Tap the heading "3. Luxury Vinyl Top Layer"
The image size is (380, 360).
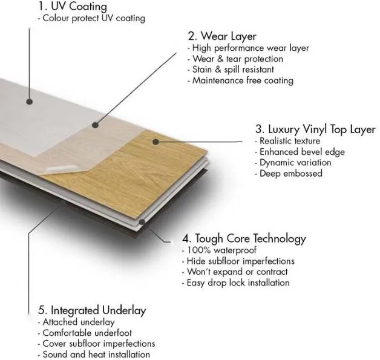[x=315, y=129]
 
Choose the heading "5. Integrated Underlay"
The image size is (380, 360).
[x=94, y=310]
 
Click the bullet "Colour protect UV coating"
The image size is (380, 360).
[x=91, y=18]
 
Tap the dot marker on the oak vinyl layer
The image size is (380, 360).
[x=156, y=142]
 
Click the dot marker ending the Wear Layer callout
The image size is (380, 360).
[x=95, y=125]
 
